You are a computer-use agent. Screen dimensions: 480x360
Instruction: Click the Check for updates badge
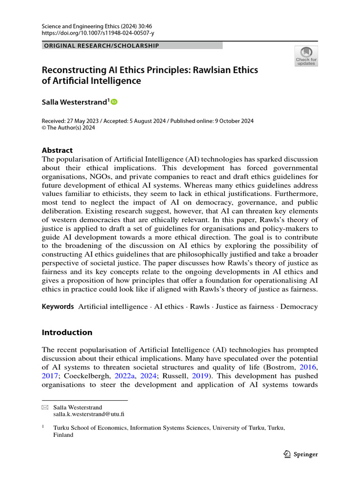306,56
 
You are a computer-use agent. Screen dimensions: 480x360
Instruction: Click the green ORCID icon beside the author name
114,102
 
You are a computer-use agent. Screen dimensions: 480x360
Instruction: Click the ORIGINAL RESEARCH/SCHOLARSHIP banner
101,45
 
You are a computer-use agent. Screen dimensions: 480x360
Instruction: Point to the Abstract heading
57,150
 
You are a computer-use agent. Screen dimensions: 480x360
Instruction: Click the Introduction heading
67,332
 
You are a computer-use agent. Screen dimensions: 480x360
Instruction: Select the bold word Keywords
58,307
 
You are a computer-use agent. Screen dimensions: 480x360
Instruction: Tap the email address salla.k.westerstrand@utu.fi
89,414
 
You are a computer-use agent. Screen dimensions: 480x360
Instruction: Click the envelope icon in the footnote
45,408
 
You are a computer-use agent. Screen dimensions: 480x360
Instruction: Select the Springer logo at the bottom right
301,454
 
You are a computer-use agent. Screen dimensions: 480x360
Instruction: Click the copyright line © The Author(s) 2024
68,128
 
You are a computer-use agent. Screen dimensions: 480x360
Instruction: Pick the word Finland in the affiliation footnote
63,435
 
